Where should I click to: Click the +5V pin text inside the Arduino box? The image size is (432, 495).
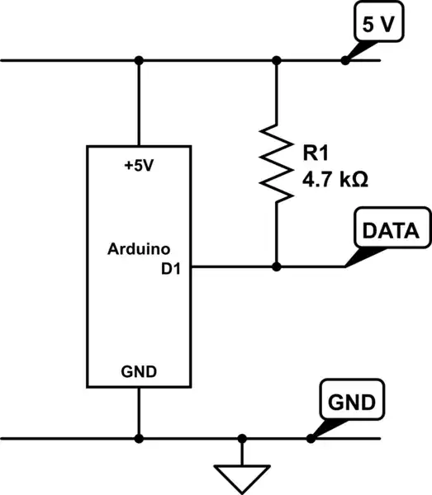click(x=139, y=165)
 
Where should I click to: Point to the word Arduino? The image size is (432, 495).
click(x=138, y=247)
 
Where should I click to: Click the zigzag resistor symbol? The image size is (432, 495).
click(x=277, y=163)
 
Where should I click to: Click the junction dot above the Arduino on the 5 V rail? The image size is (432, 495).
click(x=139, y=60)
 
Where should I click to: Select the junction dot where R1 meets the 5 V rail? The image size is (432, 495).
click(x=277, y=60)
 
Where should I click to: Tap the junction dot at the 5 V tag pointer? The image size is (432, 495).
click(x=344, y=60)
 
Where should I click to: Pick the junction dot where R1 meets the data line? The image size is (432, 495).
click(x=277, y=266)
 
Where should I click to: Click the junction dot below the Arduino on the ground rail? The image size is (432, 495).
click(x=139, y=438)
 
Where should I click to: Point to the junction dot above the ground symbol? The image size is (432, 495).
click(x=242, y=438)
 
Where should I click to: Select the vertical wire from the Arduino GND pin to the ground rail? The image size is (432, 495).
click(x=139, y=412)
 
